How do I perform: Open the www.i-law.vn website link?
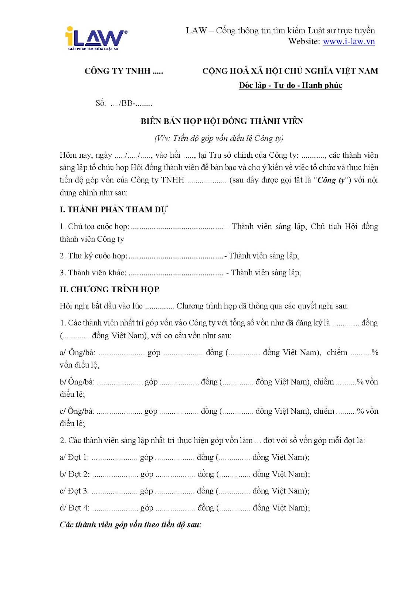349,41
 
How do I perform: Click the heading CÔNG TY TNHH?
124,71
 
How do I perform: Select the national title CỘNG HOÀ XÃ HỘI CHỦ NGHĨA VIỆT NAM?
290,71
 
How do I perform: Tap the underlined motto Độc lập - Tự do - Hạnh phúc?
290,86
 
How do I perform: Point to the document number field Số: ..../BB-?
123,103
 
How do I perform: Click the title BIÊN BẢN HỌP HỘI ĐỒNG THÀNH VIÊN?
222,121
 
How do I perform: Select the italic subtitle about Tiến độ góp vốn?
219,138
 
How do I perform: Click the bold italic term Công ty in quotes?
331,180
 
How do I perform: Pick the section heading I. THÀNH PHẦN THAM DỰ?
113,209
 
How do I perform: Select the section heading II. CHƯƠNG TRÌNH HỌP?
109,289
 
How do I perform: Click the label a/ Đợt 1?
74,457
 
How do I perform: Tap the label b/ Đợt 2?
75,474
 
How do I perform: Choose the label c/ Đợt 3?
74,491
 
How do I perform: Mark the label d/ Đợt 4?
75,508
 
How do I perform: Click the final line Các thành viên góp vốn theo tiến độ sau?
130,525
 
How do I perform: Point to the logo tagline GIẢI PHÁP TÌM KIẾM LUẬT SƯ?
93,49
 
